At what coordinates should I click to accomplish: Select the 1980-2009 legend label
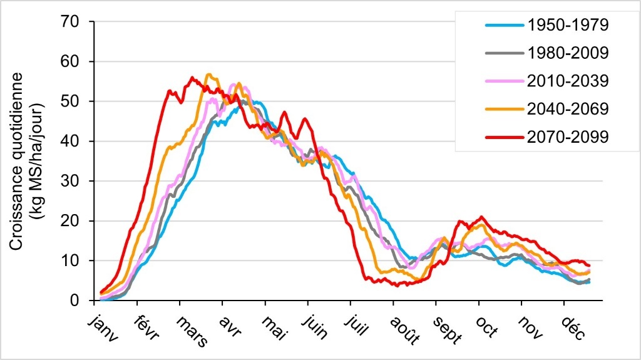tap(568, 53)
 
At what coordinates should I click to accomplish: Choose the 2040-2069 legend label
tap(568, 108)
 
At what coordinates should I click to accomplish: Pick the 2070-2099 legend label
tap(568, 136)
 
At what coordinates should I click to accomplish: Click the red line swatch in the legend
tap(503, 136)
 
